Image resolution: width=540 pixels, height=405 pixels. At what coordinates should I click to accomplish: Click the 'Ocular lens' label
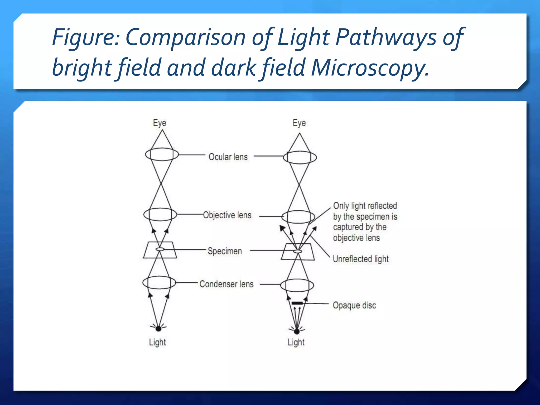click(228, 157)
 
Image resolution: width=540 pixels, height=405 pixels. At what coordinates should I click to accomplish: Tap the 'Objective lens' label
click(227, 215)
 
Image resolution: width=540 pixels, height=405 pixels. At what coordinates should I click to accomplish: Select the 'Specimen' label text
click(225, 251)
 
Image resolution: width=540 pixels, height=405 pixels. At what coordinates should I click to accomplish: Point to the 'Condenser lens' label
click(226, 284)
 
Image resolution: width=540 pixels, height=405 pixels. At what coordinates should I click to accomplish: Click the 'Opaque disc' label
click(354, 305)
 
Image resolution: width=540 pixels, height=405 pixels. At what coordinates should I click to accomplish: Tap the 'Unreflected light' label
click(360, 259)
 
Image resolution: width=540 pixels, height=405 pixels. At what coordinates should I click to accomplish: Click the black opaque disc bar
click(297, 303)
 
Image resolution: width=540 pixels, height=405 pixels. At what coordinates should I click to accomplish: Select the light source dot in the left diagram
click(158, 329)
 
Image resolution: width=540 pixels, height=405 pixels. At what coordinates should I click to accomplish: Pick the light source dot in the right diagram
click(297, 331)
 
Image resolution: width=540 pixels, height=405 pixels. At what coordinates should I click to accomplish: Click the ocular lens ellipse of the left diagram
click(162, 155)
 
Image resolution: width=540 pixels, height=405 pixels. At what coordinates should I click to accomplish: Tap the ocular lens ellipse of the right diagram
click(300, 157)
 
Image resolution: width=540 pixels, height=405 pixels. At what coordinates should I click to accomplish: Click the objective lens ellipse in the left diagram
click(160, 214)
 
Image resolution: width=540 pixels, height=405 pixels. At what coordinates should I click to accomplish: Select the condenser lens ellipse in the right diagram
click(297, 285)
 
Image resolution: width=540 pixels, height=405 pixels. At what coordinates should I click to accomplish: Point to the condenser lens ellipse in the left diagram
click(159, 283)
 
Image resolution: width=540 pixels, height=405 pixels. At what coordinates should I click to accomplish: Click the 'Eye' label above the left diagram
click(160, 123)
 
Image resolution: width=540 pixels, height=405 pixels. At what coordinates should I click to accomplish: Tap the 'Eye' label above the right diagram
click(299, 123)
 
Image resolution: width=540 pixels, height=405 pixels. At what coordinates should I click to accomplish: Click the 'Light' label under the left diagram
click(157, 342)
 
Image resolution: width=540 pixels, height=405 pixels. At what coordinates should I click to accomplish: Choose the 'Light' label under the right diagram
click(296, 342)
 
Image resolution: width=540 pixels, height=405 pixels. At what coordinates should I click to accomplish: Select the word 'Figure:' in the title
click(86, 37)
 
